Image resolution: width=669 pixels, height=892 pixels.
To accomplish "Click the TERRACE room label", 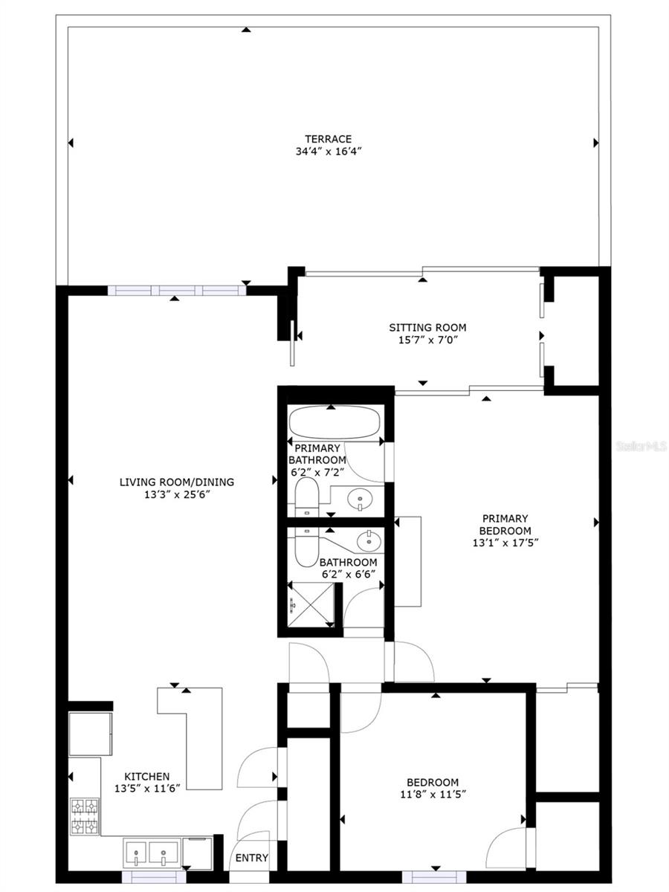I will tap(327, 138).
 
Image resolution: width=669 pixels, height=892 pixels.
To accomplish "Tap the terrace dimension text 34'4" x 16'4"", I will tap(327, 151).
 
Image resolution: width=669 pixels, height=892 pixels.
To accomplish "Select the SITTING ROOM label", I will tap(427, 327).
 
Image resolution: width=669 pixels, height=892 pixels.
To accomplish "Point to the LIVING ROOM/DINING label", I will tap(177, 482).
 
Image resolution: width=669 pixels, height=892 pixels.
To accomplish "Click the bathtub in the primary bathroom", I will tap(334, 424).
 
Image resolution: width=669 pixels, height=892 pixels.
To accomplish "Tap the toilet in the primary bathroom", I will tap(305, 497).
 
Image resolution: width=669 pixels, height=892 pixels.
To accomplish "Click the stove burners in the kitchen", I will tap(85, 816).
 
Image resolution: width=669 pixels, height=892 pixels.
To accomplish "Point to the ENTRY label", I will tap(251, 858).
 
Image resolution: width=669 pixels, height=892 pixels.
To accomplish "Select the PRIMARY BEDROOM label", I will tap(505, 525).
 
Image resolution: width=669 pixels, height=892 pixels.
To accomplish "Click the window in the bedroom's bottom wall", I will tap(439, 876).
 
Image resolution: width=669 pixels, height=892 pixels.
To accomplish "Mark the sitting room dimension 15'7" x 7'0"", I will tap(427, 340).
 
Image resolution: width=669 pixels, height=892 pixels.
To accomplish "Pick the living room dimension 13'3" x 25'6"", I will tap(177, 494).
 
